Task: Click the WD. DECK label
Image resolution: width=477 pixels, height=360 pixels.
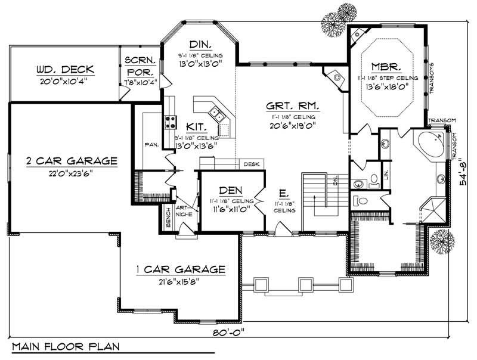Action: [64, 70]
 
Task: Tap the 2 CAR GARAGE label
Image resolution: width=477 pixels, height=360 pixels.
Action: [71, 160]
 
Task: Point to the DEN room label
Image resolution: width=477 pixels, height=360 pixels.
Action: [230, 190]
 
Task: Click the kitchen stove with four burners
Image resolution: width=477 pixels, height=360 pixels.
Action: [170, 122]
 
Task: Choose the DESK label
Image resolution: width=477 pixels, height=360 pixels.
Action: [250, 163]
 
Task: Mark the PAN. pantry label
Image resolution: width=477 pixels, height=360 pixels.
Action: [150, 144]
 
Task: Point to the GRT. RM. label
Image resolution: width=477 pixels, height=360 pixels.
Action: [292, 106]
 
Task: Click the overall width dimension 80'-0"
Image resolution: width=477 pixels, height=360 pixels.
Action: [227, 331]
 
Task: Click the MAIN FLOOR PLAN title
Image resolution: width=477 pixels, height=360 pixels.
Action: [66, 346]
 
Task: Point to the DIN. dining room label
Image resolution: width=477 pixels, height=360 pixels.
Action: [198, 45]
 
